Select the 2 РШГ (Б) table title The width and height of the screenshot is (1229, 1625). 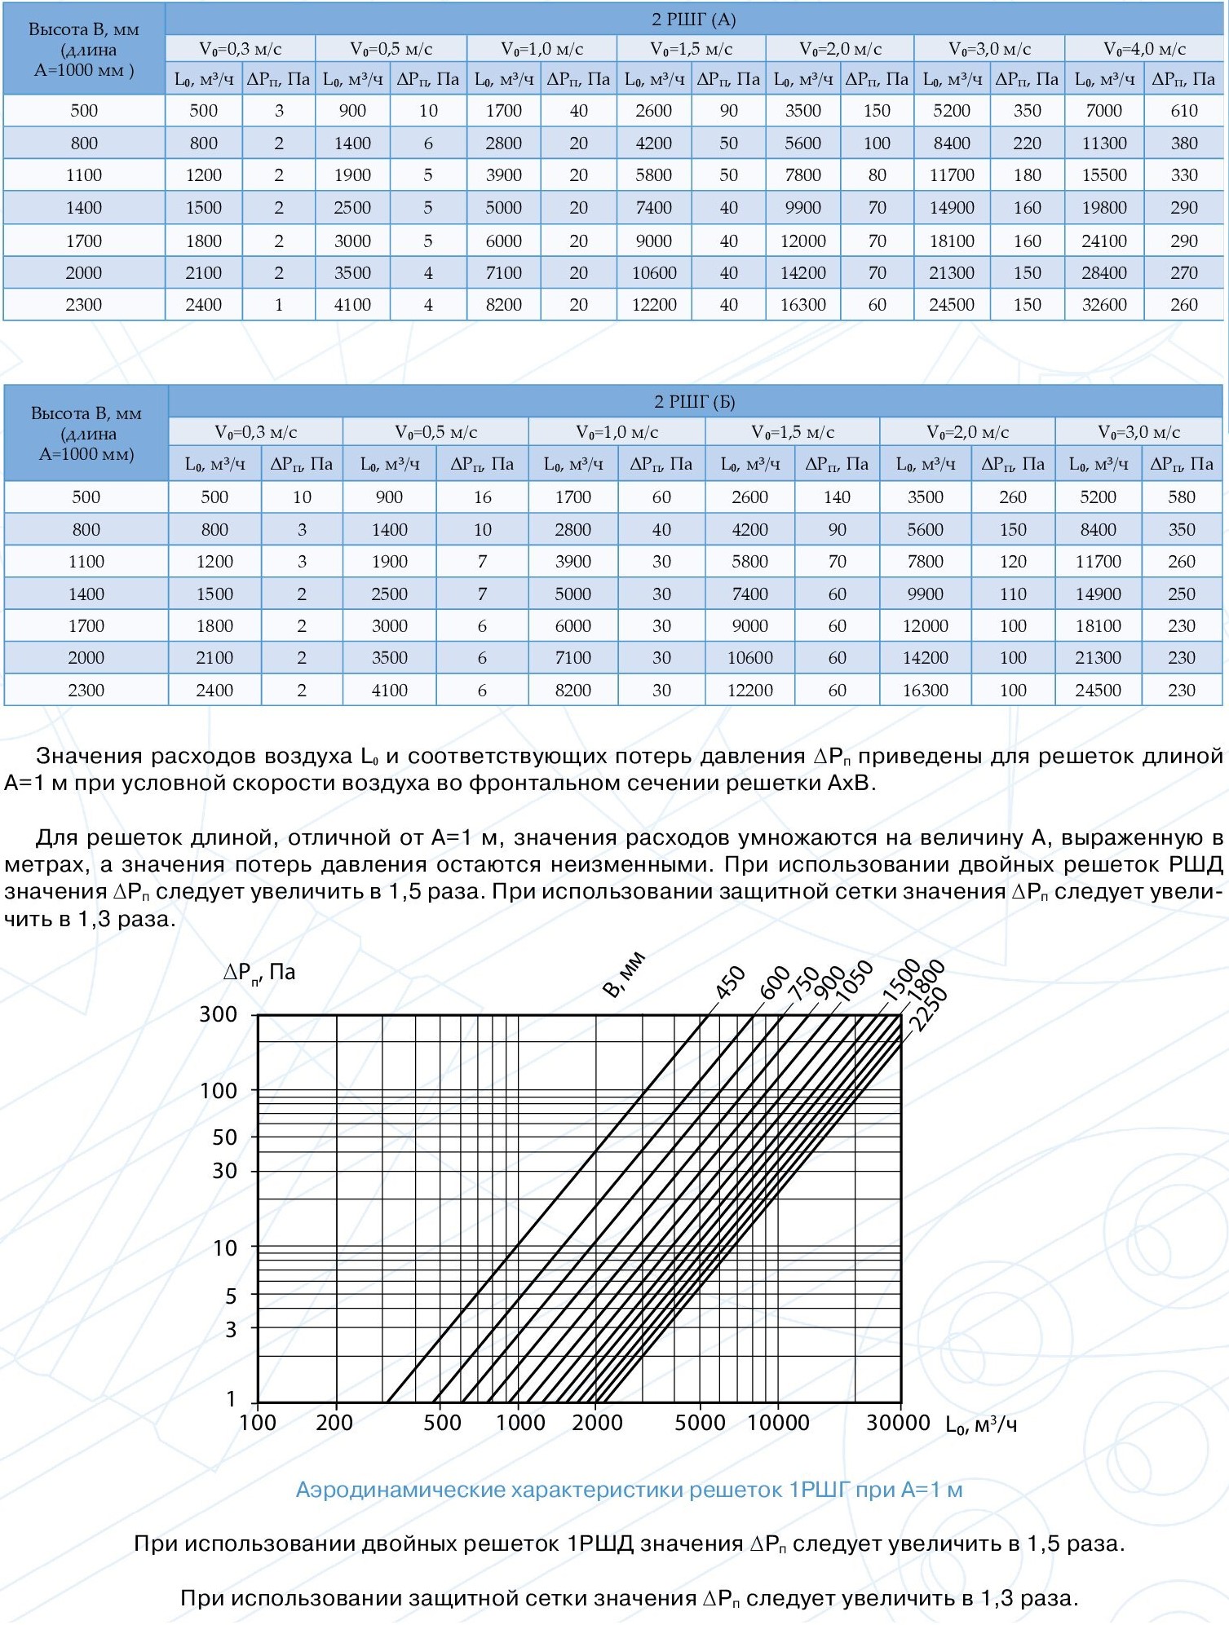[x=694, y=401]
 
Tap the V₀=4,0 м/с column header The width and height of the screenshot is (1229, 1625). [x=1144, y=49]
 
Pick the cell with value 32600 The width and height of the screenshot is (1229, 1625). [x=1103, y=305]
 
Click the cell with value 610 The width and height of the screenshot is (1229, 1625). [x=1183, y=111]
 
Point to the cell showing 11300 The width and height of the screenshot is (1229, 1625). [x=1103, y=144]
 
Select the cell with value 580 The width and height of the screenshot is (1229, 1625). [x=1181, y=497]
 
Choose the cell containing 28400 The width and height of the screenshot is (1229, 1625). [x=1103, y=273]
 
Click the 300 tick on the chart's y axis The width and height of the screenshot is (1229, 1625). [x=219, y=1014]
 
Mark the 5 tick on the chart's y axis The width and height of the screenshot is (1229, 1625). [x=231, y=1296]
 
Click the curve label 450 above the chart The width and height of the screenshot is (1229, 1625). [x=730, y=982]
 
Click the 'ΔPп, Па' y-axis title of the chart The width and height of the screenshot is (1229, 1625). [x=259, y=972]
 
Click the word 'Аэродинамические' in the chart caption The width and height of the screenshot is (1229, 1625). [x=400, y=1490]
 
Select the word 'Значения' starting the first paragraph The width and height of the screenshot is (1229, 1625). [x=89, y=756]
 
